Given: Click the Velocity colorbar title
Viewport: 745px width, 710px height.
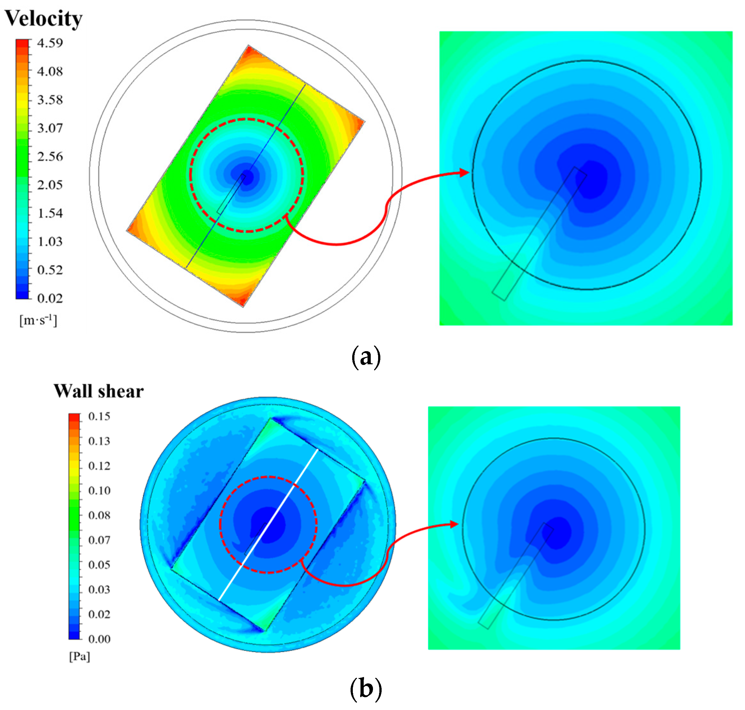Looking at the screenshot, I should (x=44, y=18).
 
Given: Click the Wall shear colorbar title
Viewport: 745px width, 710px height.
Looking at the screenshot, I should (x=98, y=391).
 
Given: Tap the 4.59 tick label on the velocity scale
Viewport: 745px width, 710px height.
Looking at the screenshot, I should (x=50, y=43).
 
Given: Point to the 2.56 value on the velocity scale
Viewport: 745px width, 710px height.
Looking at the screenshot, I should (x=50, y=156).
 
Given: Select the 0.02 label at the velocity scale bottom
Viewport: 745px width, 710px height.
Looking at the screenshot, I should (x=50, y=298).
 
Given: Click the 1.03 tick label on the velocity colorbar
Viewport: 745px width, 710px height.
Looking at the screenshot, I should (x=50, y=241).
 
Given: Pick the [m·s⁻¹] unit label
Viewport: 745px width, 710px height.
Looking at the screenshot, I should (x=38, y=320).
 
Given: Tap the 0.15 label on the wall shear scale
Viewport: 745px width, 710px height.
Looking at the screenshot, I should (x=99, y=416).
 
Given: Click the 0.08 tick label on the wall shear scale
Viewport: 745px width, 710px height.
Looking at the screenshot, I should (x=99, y=515).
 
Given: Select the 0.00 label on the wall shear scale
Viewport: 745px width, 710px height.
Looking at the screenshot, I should (x=99, y=639).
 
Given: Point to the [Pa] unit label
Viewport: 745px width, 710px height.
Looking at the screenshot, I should (x=79, y=657).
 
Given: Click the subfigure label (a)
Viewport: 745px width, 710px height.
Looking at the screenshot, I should (x=366, y=357).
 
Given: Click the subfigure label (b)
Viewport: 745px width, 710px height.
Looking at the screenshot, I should (x=366, y=689).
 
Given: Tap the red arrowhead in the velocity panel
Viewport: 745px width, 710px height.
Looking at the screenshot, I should (x=465, y=173).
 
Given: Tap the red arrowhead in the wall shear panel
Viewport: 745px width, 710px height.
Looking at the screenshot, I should (x=454, y=524).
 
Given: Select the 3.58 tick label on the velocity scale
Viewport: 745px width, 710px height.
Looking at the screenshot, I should (x=50, y=100).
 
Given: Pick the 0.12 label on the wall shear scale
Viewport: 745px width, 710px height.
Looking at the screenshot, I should (x=99, y=465).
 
